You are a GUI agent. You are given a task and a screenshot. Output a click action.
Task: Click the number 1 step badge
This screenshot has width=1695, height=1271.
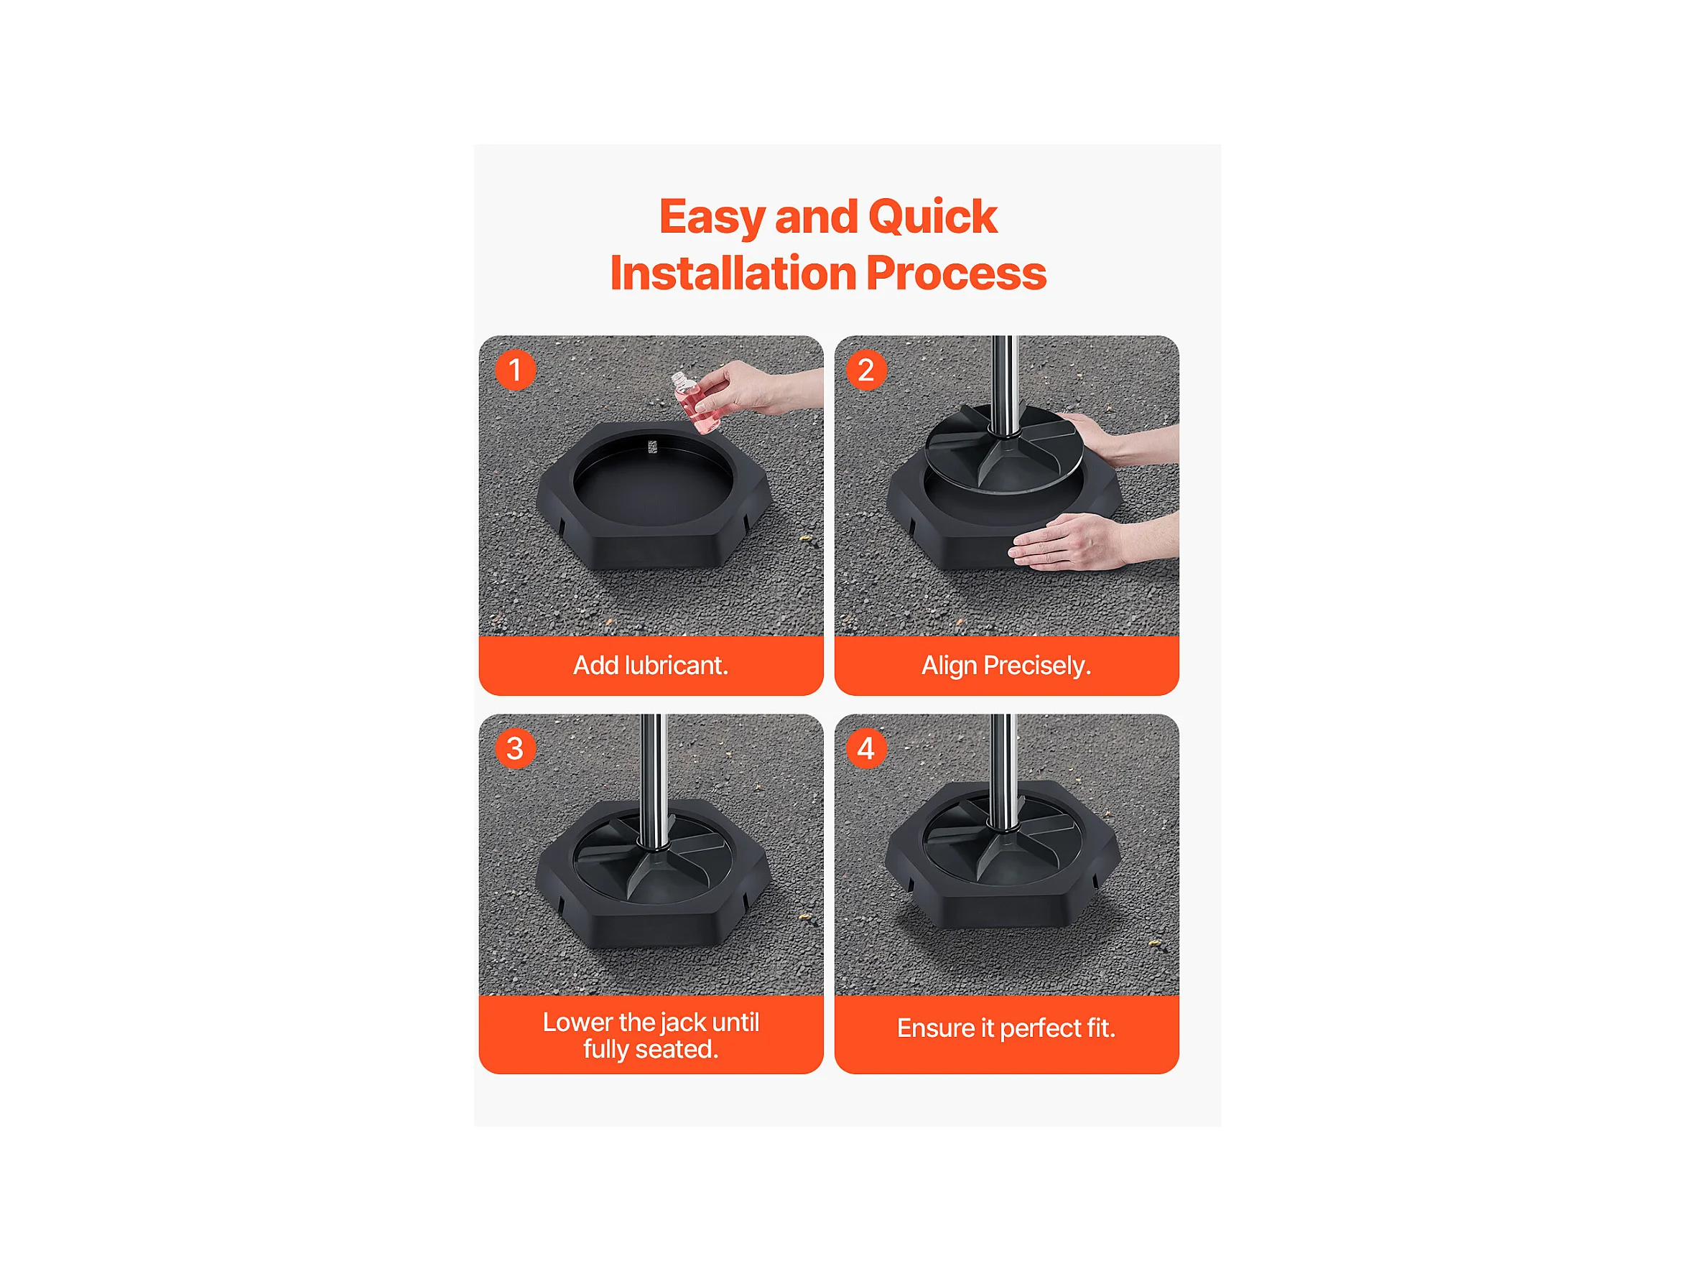515,370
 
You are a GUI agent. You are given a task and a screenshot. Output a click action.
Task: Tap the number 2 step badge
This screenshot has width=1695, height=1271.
866,370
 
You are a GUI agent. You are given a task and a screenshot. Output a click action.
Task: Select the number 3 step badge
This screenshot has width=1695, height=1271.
515,748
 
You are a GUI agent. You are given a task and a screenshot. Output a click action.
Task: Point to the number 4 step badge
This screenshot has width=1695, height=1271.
866,748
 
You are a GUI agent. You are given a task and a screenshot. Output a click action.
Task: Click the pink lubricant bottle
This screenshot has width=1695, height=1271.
692,402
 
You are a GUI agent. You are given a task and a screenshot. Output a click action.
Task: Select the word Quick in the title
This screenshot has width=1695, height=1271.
932,217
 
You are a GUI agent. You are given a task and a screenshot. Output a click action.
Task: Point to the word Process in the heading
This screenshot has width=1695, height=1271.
957,274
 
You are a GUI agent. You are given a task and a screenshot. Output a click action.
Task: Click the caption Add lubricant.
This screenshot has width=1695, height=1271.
651,665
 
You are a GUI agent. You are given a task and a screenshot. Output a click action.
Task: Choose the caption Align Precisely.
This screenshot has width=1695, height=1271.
1006,665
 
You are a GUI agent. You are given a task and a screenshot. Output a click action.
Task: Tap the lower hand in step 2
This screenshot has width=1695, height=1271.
1092,541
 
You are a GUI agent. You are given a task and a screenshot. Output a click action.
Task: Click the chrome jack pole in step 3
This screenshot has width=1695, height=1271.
653,780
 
